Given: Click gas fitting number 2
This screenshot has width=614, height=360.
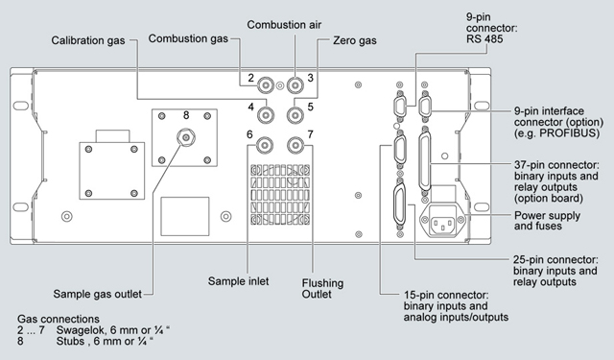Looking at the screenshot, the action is coord(265,85).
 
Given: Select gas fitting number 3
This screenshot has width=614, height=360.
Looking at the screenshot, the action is coord(295,85).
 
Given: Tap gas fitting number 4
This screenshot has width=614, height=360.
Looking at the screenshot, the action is coord(265,115).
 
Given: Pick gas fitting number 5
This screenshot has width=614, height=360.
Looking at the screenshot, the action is coord(295,115).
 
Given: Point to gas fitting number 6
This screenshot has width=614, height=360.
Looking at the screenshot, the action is coord(265,145).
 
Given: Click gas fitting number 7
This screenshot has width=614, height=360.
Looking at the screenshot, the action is coord(295,145).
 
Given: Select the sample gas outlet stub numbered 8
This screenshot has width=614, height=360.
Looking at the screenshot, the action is coord(186,137).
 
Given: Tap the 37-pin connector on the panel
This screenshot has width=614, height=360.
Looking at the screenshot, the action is coord(424,161).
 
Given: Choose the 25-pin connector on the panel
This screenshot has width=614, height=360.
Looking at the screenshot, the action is coord(399,204).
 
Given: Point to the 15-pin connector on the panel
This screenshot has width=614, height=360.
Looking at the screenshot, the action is coord(399,151).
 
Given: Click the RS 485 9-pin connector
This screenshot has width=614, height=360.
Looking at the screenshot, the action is coord(399,106).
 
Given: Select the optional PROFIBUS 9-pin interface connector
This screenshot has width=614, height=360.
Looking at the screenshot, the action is coord(424,106).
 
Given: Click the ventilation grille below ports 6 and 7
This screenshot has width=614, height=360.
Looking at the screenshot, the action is coord(280,194).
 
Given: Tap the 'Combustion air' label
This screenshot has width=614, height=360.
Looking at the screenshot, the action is coord(284,25).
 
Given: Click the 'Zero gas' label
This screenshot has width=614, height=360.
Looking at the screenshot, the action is coord(355,40).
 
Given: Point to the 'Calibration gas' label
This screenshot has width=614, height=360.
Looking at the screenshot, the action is coord(88,40).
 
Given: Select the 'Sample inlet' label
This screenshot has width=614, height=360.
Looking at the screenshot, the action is coord(238,281).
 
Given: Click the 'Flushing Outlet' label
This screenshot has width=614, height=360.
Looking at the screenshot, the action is coord(322,288).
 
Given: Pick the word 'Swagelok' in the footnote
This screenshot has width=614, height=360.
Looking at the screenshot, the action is coord(78,330).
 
